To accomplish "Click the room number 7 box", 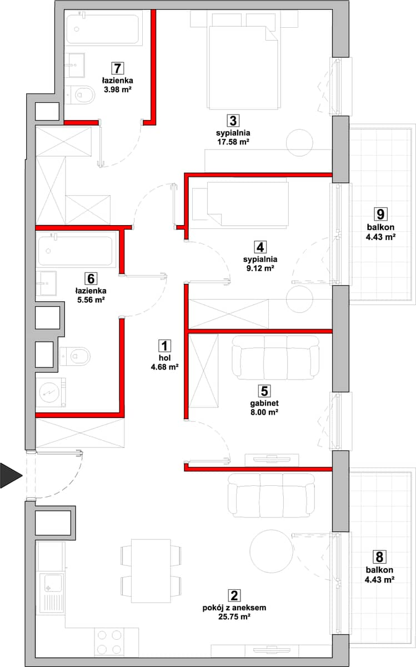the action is point(117,68).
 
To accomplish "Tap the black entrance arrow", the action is point(11,476).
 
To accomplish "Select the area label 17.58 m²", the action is point(233,142).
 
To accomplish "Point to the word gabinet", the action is point(264,403).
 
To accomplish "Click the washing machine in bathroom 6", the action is point(51,392).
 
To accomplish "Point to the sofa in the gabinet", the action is point(275,357).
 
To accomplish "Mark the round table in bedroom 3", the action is point(299,143).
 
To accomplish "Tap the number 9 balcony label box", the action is point(380,214).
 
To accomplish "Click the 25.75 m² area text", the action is point(234,616).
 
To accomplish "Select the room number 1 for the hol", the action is point(164,346).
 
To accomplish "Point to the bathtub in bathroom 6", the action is point(76,251).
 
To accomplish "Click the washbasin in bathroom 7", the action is point(74,64).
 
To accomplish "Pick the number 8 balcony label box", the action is point(379,557).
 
